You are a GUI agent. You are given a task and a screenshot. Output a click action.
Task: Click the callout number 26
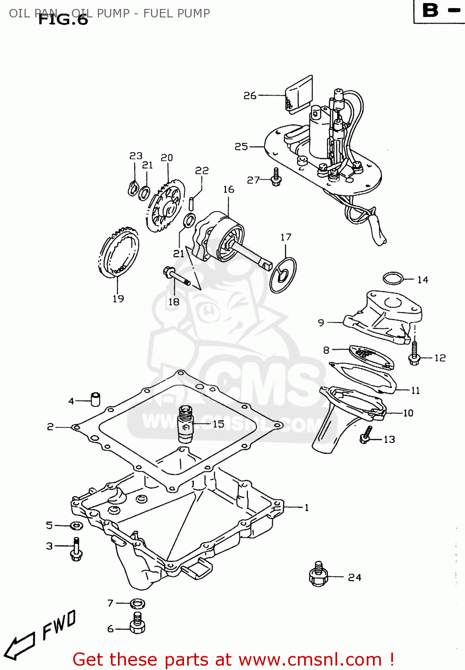point(249,96)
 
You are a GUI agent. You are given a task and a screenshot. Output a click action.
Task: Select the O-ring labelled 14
point(393,278)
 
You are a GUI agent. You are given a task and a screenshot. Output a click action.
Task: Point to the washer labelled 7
point(138,604)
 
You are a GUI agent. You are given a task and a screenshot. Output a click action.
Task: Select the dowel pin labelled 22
point(192,203)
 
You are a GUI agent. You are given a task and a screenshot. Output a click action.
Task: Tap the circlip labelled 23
point(133,188)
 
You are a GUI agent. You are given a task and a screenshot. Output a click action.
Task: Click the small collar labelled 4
point(96,398)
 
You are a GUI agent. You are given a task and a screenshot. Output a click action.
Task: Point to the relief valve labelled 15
point(185,423)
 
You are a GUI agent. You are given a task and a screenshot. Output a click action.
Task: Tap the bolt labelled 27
point(276,178)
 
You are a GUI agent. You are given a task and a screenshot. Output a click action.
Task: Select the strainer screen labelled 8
point(367,356)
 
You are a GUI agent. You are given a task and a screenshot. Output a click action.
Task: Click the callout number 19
point(118,299)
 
